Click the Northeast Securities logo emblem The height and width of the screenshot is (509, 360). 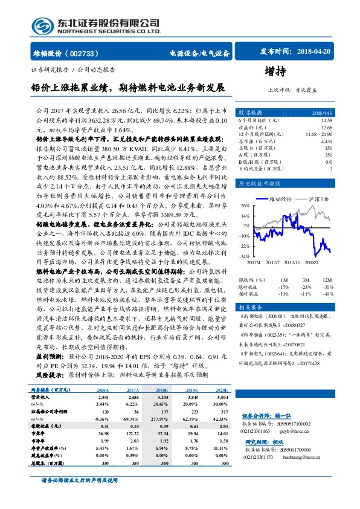pyautogui.click(x=43, y=25)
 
